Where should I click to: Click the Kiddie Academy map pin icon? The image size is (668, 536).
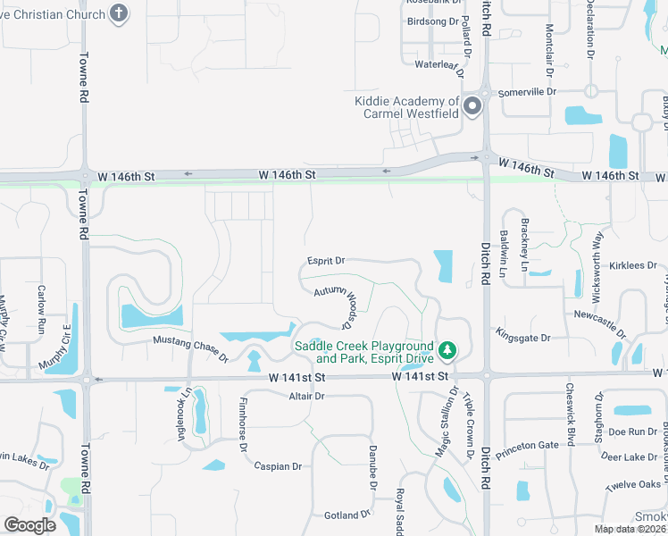point(472,106)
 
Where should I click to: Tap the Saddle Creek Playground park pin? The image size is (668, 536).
point(448,351)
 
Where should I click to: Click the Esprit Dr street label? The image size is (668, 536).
point(326,261)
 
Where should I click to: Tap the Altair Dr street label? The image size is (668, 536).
point(306,396)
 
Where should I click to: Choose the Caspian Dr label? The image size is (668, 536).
point(278,466)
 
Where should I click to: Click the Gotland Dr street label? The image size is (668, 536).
point(347,515)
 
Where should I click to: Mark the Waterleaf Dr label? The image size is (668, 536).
point(437,64)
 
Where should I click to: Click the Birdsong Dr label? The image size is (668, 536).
point(432,21)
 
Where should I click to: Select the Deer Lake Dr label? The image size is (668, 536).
point(630,456)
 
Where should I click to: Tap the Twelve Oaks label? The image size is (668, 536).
point(632,484)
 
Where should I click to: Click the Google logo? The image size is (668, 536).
point(29,524)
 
